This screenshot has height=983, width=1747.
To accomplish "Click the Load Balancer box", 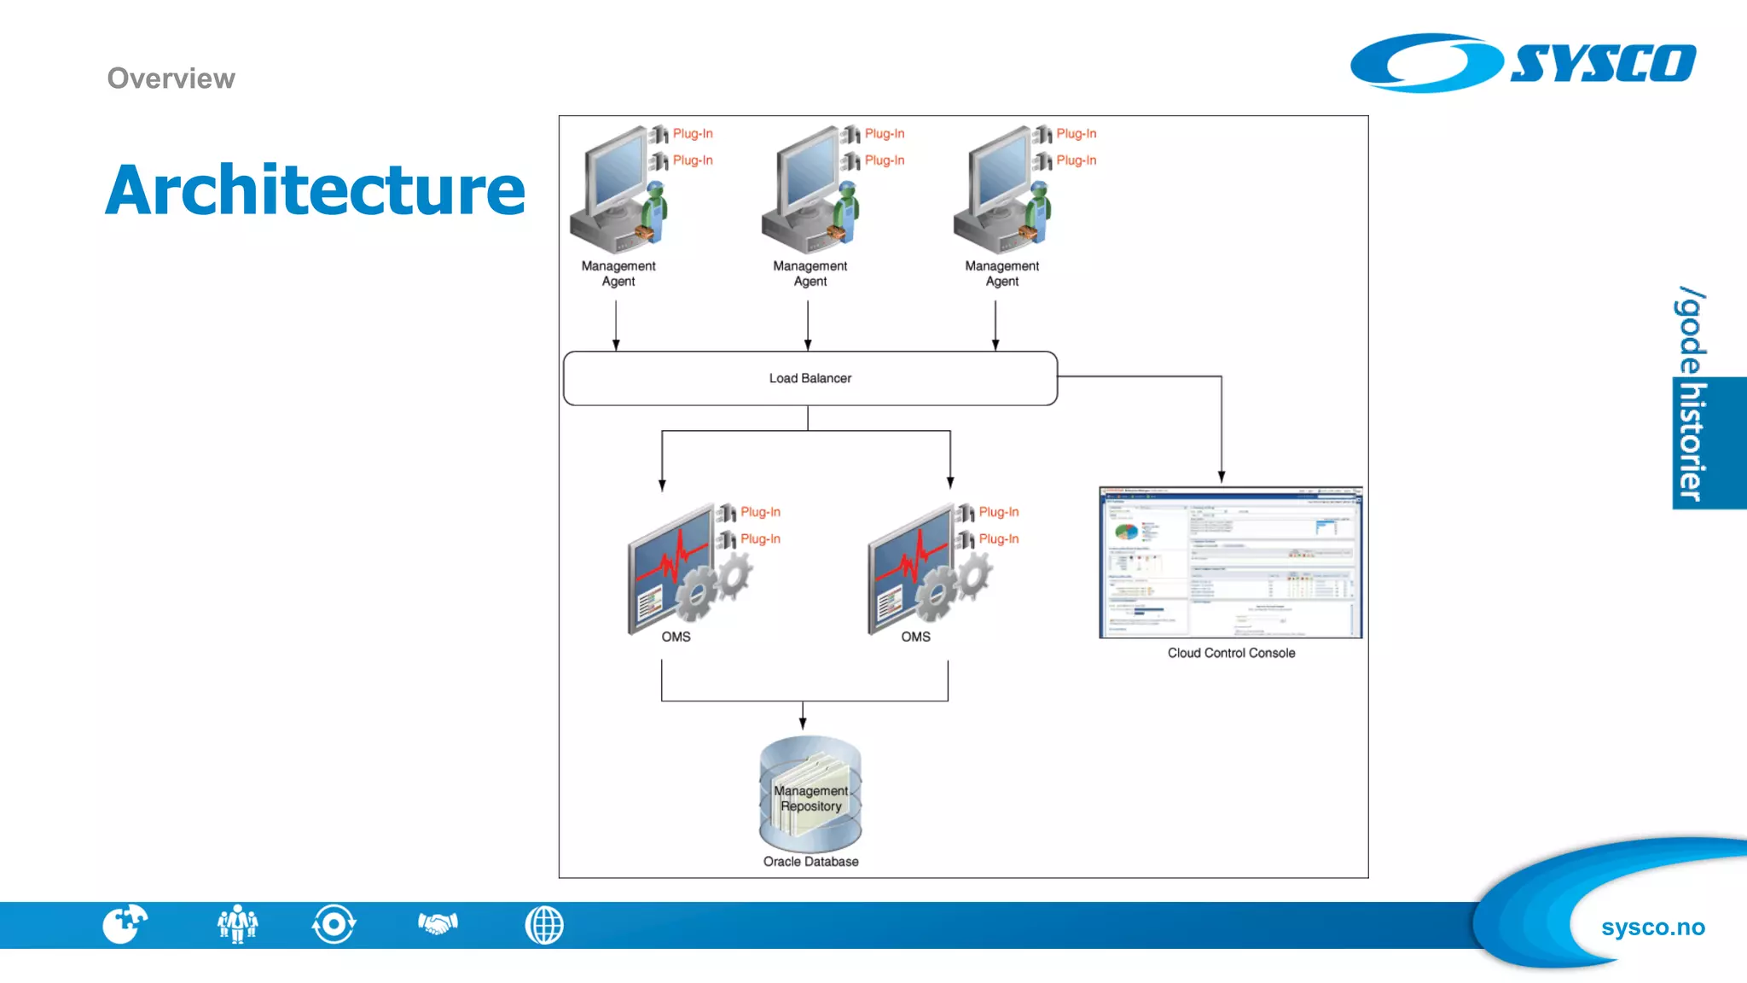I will coord(810,378).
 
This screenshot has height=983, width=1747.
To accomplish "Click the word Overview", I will coord(171,79).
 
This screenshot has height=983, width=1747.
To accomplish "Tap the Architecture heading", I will coord(315,189).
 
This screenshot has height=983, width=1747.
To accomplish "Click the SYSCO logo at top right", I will coord(1524,63).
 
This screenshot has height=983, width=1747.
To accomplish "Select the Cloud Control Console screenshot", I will coord(1230,562).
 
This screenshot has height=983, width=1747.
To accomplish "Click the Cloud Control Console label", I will coord(1231,653).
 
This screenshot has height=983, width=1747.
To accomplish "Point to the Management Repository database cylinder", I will coord(810,794).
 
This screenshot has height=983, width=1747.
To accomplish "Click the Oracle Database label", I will coord(810,862).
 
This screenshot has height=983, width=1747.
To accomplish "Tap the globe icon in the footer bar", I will coord(544,925).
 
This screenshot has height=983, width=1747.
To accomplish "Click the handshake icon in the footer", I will coord(438,923).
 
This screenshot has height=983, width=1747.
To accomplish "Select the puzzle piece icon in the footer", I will coord(125,924).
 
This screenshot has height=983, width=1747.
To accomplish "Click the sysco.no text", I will coord(1652,928).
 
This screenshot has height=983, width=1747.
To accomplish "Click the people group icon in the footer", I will coord(237,924).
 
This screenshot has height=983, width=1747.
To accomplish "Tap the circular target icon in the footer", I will coord(334,924).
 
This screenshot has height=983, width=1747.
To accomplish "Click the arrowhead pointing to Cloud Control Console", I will coord(1222,477).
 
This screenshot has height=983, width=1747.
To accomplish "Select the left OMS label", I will coord(676,637).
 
